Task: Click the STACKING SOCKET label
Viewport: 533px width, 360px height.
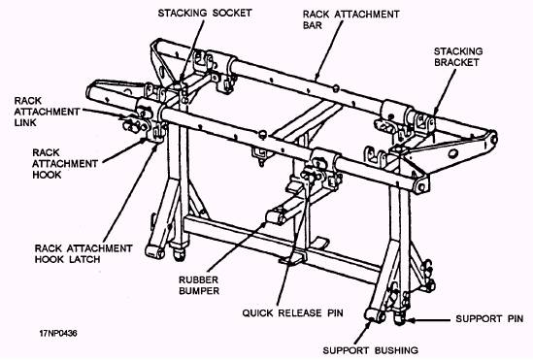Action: pos(205,14)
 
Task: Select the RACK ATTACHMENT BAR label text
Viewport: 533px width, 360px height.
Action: pos(350,19)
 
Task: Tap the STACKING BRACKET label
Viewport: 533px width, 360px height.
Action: pos(458,56)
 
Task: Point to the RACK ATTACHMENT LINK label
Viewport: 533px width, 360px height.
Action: pos(47,112)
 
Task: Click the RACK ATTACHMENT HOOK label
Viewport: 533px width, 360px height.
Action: pos(65,164)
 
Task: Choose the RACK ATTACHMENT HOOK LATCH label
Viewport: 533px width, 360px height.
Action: pos(83,253)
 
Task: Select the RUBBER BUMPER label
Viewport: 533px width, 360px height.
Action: pos(199,285)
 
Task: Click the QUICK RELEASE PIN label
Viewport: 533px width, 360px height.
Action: pos(292,312)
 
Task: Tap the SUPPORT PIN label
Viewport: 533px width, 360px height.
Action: pos(489,319)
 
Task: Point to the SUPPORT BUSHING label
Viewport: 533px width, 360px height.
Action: pos(370,350)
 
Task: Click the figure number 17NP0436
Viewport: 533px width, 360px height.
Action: pos(58,333)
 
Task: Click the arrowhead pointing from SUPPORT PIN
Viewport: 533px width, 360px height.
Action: pos(412,320)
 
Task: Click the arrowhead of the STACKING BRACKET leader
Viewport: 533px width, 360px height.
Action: pos(437,113)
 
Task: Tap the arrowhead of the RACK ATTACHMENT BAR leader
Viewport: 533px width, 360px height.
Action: pos(317,77)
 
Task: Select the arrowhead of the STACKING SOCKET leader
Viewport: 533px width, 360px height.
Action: pos(182,78)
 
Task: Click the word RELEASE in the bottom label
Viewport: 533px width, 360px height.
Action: pos(299,312)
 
